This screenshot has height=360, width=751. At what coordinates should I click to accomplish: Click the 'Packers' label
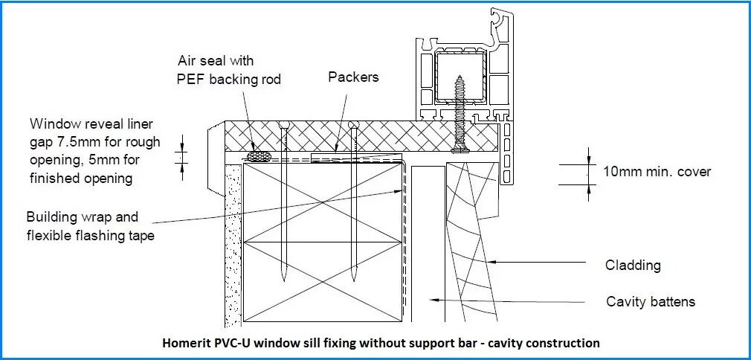353,76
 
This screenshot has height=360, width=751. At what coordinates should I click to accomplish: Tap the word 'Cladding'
633,265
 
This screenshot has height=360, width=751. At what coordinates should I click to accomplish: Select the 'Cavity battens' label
651,301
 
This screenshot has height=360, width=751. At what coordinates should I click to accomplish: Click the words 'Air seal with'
215,60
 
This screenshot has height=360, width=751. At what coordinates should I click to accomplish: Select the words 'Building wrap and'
82,217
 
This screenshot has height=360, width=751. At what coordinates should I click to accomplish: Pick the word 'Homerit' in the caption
187,344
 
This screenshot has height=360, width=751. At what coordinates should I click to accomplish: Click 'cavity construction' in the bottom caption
547,344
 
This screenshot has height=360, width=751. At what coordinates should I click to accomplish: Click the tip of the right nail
354,282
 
